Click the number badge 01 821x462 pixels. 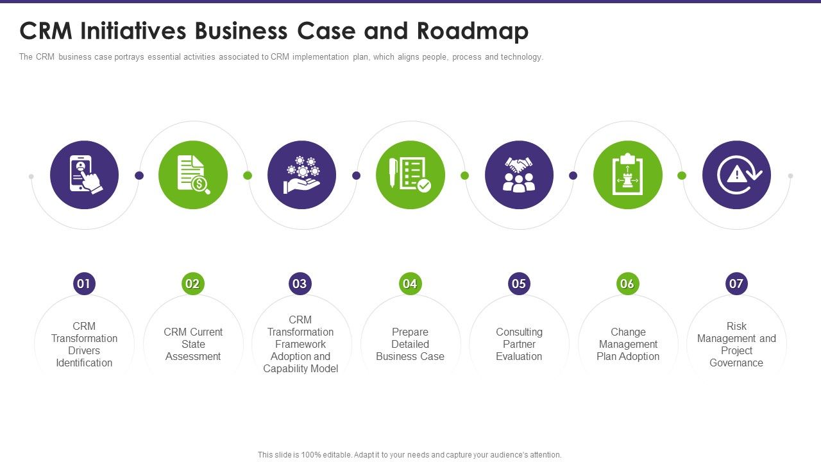(84, 284)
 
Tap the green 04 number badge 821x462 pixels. (410, 284)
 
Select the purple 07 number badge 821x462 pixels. (736, 284)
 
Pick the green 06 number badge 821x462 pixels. (627, 284)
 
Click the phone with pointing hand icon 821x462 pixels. (85, 175)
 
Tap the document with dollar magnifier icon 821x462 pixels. (193, 175)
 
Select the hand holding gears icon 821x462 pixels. (301, 175)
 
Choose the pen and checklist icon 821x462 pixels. (410, 175)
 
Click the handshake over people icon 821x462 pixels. (519, 175)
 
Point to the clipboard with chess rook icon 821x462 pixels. (628, 175)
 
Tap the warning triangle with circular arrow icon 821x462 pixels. (736, 175)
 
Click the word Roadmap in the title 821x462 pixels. (473, 31)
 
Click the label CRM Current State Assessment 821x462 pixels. (193, 344)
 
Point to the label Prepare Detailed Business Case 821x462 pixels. (410, 344)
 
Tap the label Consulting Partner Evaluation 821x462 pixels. (519, 344)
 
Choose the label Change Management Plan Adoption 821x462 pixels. (628, 344)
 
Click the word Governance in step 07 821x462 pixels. (736, 363)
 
